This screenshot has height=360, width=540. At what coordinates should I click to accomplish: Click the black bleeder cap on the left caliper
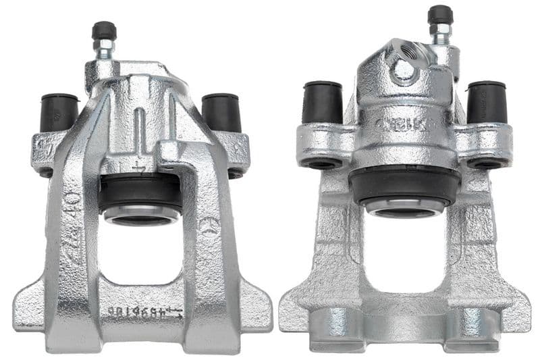105,30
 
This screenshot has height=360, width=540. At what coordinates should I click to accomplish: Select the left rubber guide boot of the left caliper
59,112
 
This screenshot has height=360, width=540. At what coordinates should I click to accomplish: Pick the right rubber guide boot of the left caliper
221,112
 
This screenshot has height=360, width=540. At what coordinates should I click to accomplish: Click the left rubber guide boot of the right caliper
323,102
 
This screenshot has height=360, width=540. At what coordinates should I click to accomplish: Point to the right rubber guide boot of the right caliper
487,102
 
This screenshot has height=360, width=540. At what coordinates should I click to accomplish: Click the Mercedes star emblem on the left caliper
209,225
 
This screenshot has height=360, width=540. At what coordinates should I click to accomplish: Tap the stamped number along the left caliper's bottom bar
145,312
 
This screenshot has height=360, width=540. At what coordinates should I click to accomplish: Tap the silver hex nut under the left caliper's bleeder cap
105,49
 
